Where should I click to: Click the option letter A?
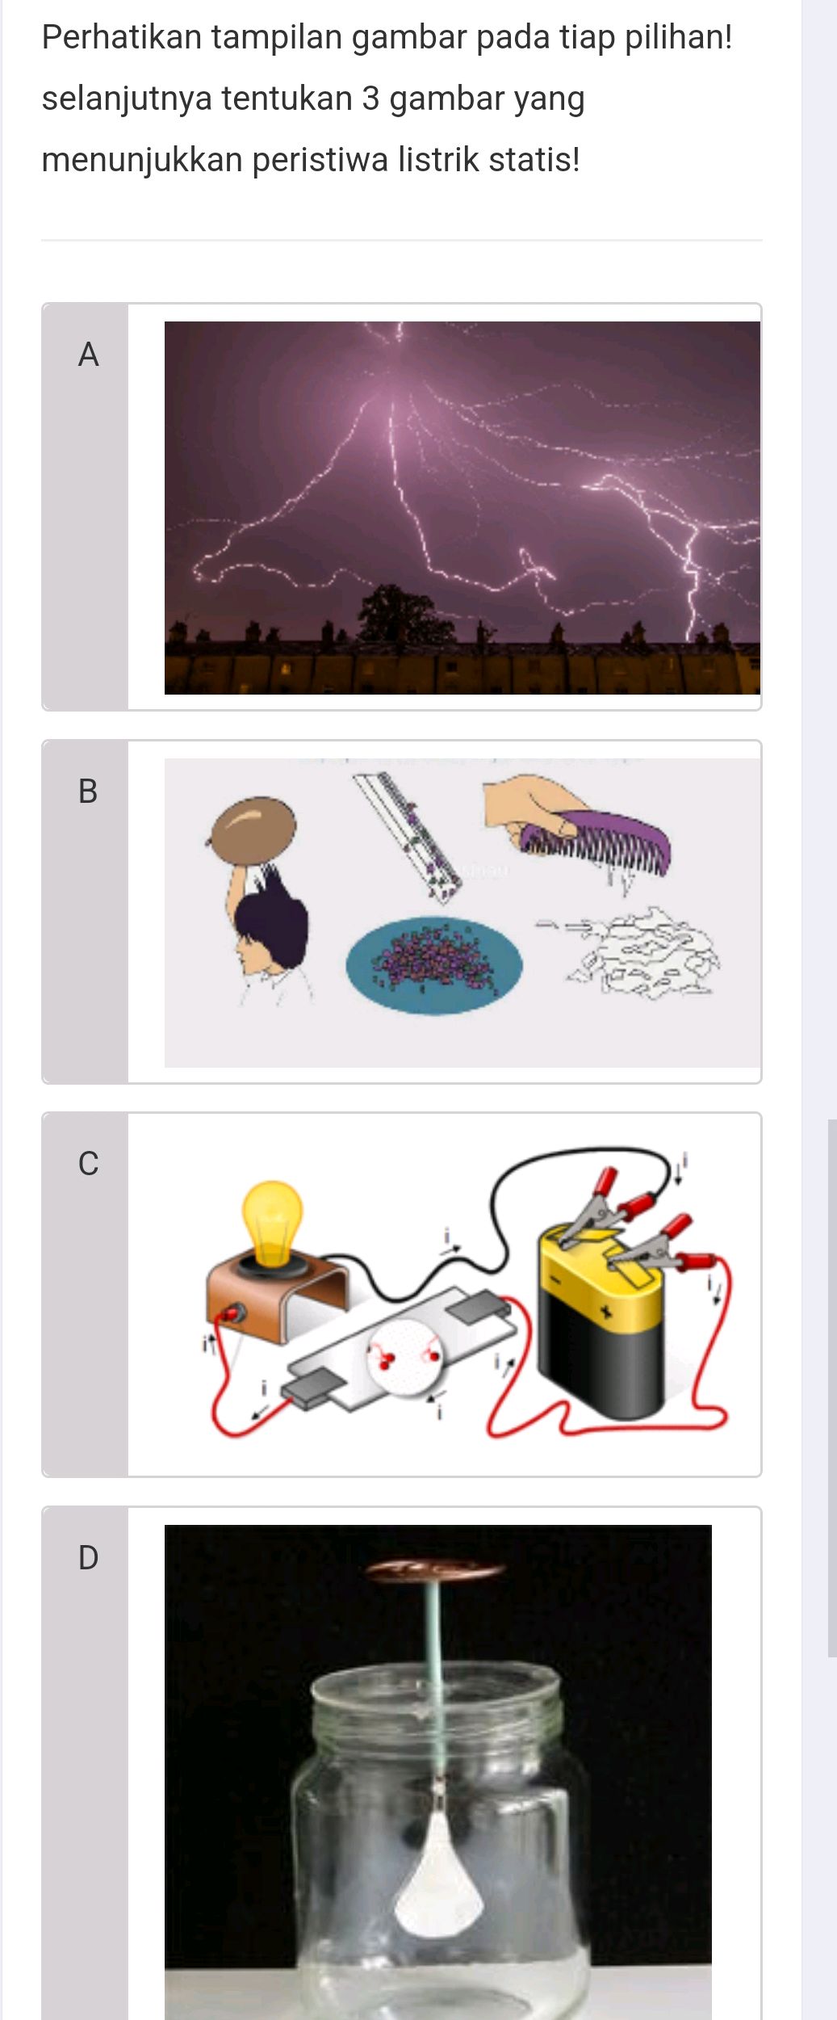tap(88, 355)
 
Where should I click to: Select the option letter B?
tap(88, 791)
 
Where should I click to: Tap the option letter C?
tap(88, 1163)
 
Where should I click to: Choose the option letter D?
tap(88, 1557)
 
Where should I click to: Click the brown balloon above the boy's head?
tap(253, 830)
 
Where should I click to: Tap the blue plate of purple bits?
tap(434, 964)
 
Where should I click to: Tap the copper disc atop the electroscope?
tap(435, 1570)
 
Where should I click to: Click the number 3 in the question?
tap(370, 99)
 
